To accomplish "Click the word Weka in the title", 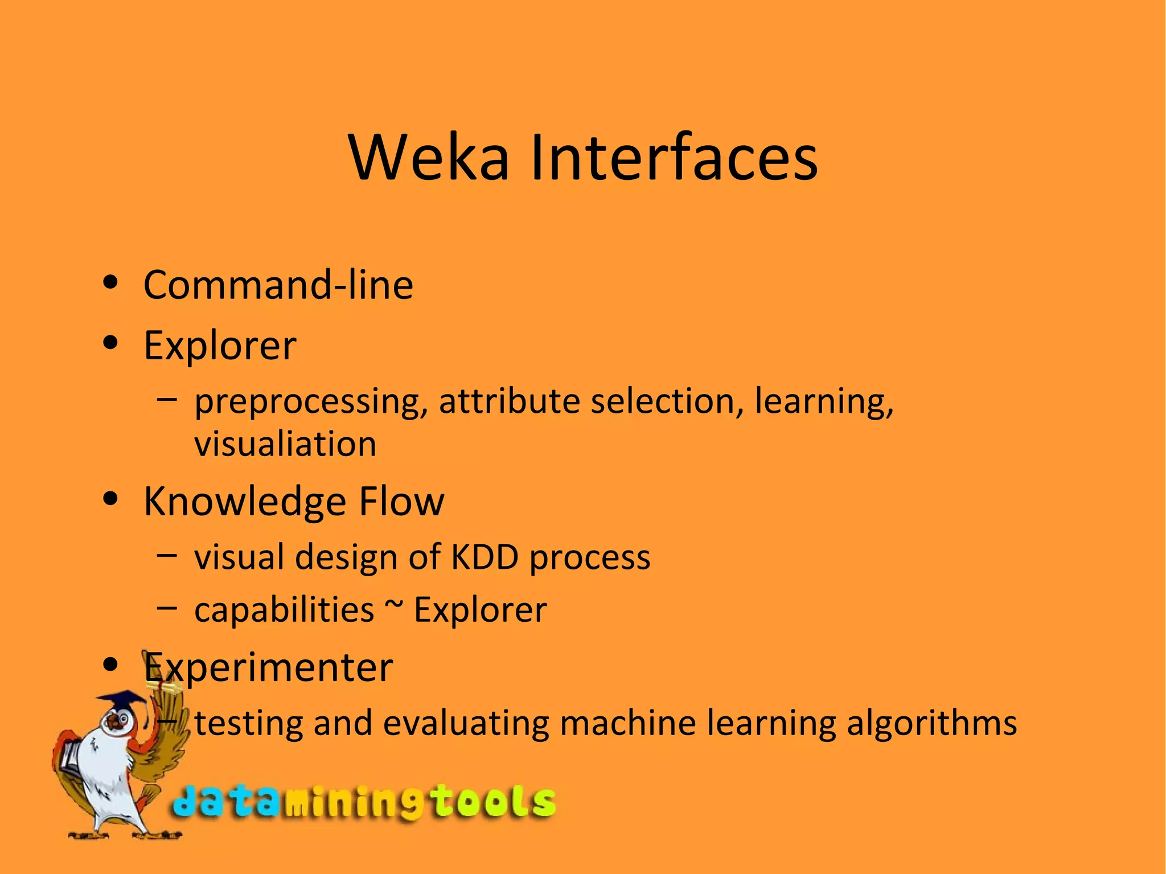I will (x=429, y=157).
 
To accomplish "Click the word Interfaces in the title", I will (x=674, y=157).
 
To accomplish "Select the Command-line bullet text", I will (x=278, y=285).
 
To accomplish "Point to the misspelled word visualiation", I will (x=285, y=444).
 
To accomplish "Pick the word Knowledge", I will (x=245, y=502).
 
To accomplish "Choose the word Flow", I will (x=401, y=501).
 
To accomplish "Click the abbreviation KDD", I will (x=485, y=557).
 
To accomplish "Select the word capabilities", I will (x=284, y=610).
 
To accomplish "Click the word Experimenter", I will (x=268, y=667).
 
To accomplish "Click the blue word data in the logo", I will (x=225, y=802).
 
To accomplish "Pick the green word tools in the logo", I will (x=492, y=802).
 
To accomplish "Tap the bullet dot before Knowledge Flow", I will (x=110, y=499).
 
